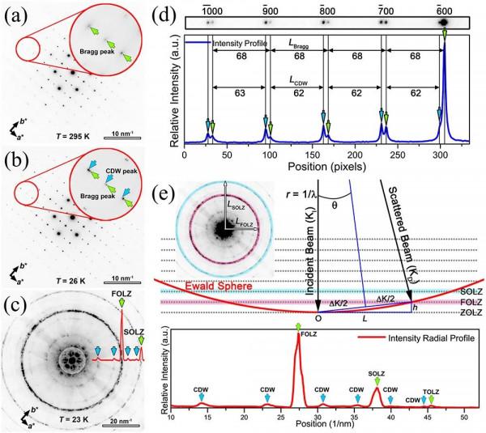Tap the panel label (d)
tap(196, 15)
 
